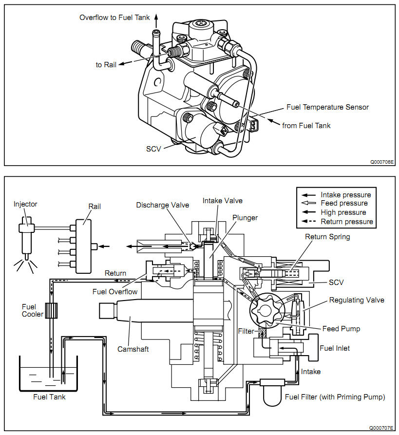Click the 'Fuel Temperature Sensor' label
click(x=327, y=107)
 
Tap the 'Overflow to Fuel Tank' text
click(x=114, y=18)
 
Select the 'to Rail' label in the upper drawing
click(x=106, y=65)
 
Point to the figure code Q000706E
click(x=382, y=162)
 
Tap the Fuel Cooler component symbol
click(x=51, y=310)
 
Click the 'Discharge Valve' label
click(x=163, y=205)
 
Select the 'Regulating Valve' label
click(x=357, y=300)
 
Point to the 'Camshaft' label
click(x=133, y=349)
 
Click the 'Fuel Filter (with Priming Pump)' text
click(x=335, y=397)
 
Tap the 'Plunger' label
click(x=245, y=218)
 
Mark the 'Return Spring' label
click(x=327, y=237)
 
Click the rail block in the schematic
click(x=83, y=246)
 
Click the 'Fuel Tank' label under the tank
click(x=49, y=397)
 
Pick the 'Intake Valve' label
click(x=222, y=201)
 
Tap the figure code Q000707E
click(x=381, y=428)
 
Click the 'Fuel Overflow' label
click(x=115, y=292)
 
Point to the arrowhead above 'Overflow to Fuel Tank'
click(x=156, y=16)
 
